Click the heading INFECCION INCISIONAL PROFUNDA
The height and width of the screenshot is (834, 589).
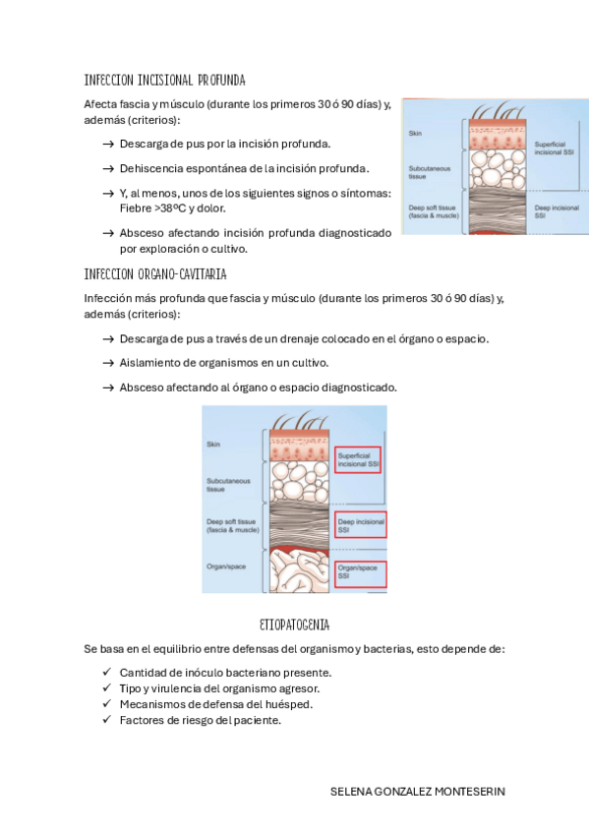(165, 81)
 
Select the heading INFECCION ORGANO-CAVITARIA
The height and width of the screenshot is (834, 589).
(155, 274)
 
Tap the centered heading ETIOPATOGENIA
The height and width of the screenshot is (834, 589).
(295, 625)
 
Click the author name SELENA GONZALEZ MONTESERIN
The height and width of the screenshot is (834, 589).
(417, 792)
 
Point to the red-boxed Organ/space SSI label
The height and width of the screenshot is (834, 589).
(361, 574)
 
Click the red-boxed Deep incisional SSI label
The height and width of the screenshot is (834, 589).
(361, 524)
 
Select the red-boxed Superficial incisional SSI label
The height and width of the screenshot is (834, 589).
(358, 459)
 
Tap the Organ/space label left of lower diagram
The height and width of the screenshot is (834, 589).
(226, 566)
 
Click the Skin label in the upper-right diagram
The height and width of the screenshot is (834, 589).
(415, 134)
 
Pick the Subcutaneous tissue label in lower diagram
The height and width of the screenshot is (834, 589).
(228, 485)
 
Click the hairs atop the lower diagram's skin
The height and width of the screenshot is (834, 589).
(300, 420)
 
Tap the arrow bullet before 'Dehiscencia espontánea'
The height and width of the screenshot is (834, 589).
(108, 168)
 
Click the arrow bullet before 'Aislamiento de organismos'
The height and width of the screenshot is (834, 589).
(108, 363)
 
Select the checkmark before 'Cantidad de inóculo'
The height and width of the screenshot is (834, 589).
(107, 672)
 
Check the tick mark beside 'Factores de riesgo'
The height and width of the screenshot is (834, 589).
(107, 719)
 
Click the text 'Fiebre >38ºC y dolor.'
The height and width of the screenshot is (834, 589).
(173, 208)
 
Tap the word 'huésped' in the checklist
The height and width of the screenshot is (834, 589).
(292, 704)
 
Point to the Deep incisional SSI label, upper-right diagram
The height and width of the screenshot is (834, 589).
(557, 211)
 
